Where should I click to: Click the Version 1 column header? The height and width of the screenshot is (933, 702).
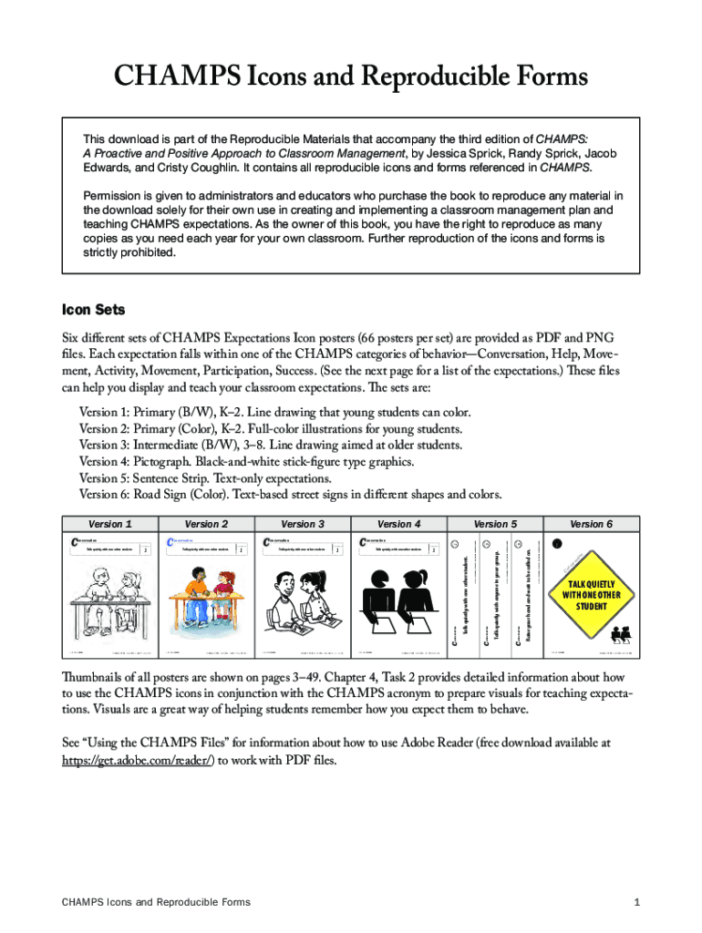pyautogui.click(x=109, y=524)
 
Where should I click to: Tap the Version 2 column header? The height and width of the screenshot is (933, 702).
pyautogui.click(x=206, y=524)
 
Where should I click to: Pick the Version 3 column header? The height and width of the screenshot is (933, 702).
pyautogui.click(x=303, y=524)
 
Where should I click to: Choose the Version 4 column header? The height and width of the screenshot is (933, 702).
pyautogui.click(x=399, y=524)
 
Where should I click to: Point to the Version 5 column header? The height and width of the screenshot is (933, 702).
pyautogui.click(x=495, y=524)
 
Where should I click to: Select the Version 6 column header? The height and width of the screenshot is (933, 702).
pyautogui.click(x=592, y=524)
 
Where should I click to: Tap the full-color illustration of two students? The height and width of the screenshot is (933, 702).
pyautogui.click(x=206, y=601)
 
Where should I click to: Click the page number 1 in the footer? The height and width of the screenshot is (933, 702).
pyautogui.click(x=636, y=902)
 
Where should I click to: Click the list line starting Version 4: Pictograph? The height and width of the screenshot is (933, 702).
pyautogui.click(x=246, y=462)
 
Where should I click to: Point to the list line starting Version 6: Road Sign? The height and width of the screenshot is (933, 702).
pyautogui.click(x=290, y=495)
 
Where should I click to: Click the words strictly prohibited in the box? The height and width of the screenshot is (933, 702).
pyautogui.click(x=129, y=252)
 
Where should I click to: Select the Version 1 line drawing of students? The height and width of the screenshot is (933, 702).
pyautogui.click(x=109, y=601)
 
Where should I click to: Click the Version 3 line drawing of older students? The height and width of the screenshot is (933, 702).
pyautogui.click(x=303, y=601)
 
